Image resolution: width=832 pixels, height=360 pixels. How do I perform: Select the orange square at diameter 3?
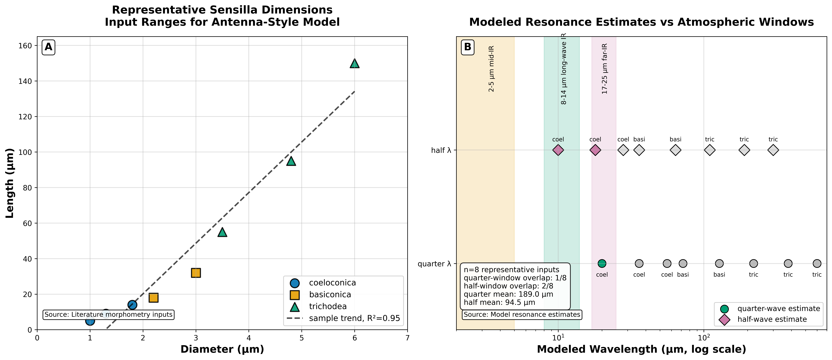[x=196, y=273]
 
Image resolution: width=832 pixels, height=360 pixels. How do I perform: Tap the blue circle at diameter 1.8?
[x=132, y=305]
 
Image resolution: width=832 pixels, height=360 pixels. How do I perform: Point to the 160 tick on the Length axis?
[x=26, y=46]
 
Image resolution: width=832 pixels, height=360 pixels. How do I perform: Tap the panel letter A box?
[x=48, y=47]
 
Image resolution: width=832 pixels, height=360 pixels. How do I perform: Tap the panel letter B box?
[x=468, y=47]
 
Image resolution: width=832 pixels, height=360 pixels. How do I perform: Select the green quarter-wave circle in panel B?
[x=602, y=263]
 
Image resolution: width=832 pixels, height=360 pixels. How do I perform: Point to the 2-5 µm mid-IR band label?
[x=491, y=69]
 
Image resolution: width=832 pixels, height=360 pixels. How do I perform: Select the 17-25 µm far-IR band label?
[x=605, y=69]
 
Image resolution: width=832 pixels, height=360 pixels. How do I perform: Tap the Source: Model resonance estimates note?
[x=522, y=315]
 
